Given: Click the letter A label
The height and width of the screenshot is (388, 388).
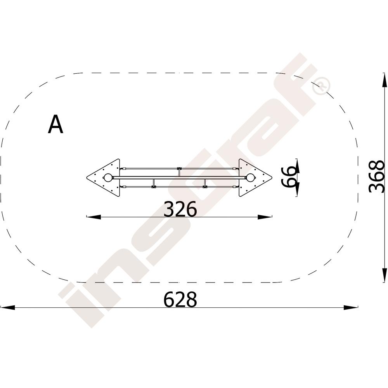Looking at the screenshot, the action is pyautogui.click(x=55, y=125).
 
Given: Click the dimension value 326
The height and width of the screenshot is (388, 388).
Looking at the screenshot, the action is pyautogui.click(x=180, y=209).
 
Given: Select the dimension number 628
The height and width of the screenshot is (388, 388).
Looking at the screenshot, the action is pyautogui.click(x=180, y=299).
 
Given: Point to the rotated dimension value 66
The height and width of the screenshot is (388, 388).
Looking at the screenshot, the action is pyautogui.click(x=289, y=177).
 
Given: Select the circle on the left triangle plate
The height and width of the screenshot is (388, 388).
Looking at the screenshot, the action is pyautogui.click(x=107, y=178).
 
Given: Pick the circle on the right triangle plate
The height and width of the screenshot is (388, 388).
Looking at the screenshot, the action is pyautogui.click(x=250, y=178).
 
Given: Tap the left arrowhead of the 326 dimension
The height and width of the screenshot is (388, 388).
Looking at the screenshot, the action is pyautogui.click(x=94, y=217).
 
